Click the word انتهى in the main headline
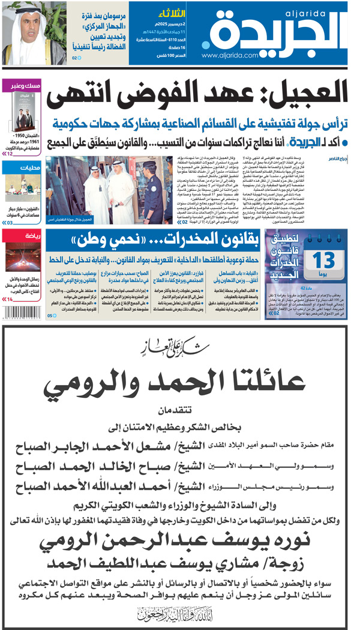[x=85, y=95]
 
